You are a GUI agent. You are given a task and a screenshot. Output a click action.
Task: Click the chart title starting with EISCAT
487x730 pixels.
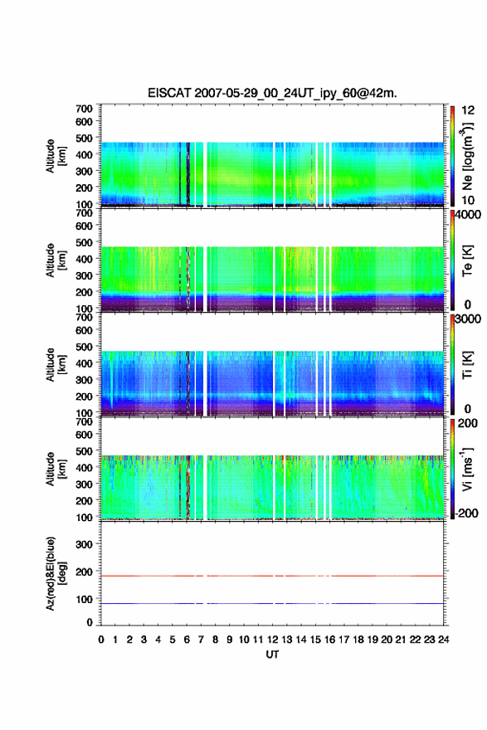pos(272,93)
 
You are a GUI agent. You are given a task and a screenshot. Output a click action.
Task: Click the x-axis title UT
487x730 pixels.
pos(272,655)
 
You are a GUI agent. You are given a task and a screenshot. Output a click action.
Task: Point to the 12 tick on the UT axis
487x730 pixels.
pos(272,640)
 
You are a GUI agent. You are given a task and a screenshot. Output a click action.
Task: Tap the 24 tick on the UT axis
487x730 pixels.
pos(443,640)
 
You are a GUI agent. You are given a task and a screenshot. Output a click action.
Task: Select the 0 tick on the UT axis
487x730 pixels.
pos(101,640)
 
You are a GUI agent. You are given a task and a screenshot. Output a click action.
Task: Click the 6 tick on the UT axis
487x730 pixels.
pos(187,640)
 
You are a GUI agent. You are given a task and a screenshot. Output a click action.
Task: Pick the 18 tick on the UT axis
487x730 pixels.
pos(358,640)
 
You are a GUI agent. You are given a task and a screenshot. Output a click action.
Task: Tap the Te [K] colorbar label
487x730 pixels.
pos(467,260)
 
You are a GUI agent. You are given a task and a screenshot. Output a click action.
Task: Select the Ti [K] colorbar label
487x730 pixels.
pos(467,364)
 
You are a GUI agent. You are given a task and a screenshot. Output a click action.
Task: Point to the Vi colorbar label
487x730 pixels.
pos(467,469)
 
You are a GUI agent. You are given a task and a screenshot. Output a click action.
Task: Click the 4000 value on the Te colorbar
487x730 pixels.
pos(469,216)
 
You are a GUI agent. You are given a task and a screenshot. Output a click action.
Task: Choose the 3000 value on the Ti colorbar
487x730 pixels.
pos(469,319)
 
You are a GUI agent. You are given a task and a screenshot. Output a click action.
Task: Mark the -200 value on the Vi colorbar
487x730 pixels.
pos(467,513)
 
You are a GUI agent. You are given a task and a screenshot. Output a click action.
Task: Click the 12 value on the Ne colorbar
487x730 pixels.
pos(469,110)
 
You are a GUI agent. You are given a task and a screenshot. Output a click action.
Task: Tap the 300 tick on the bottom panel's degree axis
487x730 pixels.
pos(84,544)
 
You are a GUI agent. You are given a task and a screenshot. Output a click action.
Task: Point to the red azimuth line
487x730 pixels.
pos(272,576)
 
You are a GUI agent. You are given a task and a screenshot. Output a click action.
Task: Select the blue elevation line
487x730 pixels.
pos(272,603)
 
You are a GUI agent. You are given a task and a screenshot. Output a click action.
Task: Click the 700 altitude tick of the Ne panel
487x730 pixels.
pos(84,109)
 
